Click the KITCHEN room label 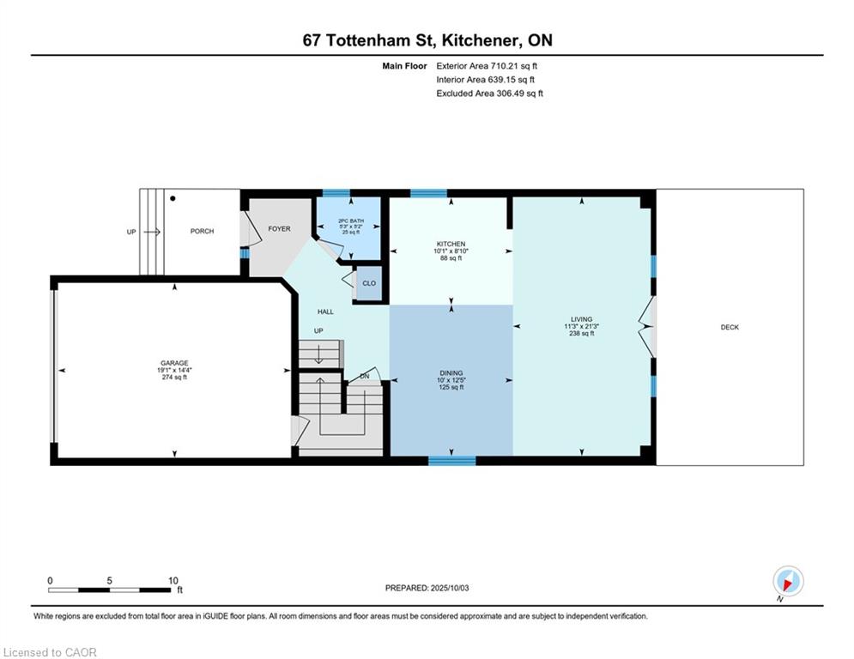(451, 244)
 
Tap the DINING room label (451, 373)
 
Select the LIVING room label (582, 319)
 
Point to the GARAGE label (174, 363)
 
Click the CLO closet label (369, 283)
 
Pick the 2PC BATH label (351, 221)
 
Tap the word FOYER (280, 229)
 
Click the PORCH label (202, 231)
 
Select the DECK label (730, 327)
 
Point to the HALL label (325, 311)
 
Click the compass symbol (788, 581)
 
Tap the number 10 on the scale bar (173, 581)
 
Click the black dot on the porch (173, 199)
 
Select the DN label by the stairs (365, 377)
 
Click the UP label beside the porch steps (131, 232)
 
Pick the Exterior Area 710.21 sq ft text (487, 66)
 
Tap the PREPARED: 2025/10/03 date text (427, 588)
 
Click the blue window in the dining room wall (452, 461)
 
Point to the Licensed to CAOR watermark (50, 652)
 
